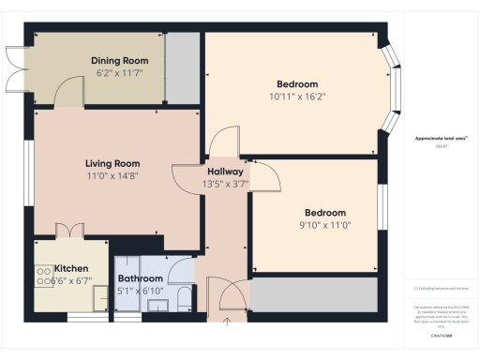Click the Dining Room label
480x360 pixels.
[119, 61]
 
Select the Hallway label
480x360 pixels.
[225, 172]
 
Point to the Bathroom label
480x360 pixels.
[140, 278]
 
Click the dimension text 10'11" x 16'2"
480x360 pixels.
[297, 96]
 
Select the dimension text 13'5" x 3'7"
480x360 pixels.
[225, 185]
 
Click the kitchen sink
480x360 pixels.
[99, 296]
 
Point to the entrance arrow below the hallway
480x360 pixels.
[226, 322]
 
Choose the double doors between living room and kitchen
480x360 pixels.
[68, 229]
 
